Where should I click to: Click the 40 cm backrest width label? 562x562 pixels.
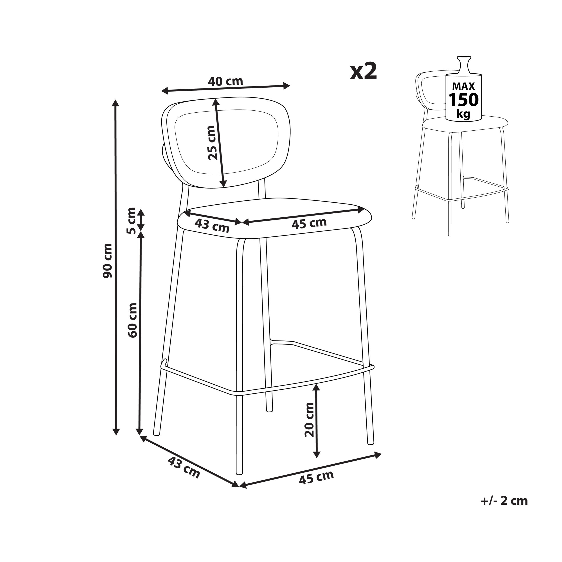click(x=225, y=81)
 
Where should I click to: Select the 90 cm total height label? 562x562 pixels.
click(x=108, y=261)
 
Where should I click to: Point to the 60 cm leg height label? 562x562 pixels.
click(x=132, y=320)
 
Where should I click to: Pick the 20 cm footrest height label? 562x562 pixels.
click(x=310, y=420)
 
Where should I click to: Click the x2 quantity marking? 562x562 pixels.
click(x=364, y=71)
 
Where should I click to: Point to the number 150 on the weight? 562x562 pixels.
click(x=463, y=100)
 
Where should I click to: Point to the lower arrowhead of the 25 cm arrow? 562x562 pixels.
click(x=223, y=183)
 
